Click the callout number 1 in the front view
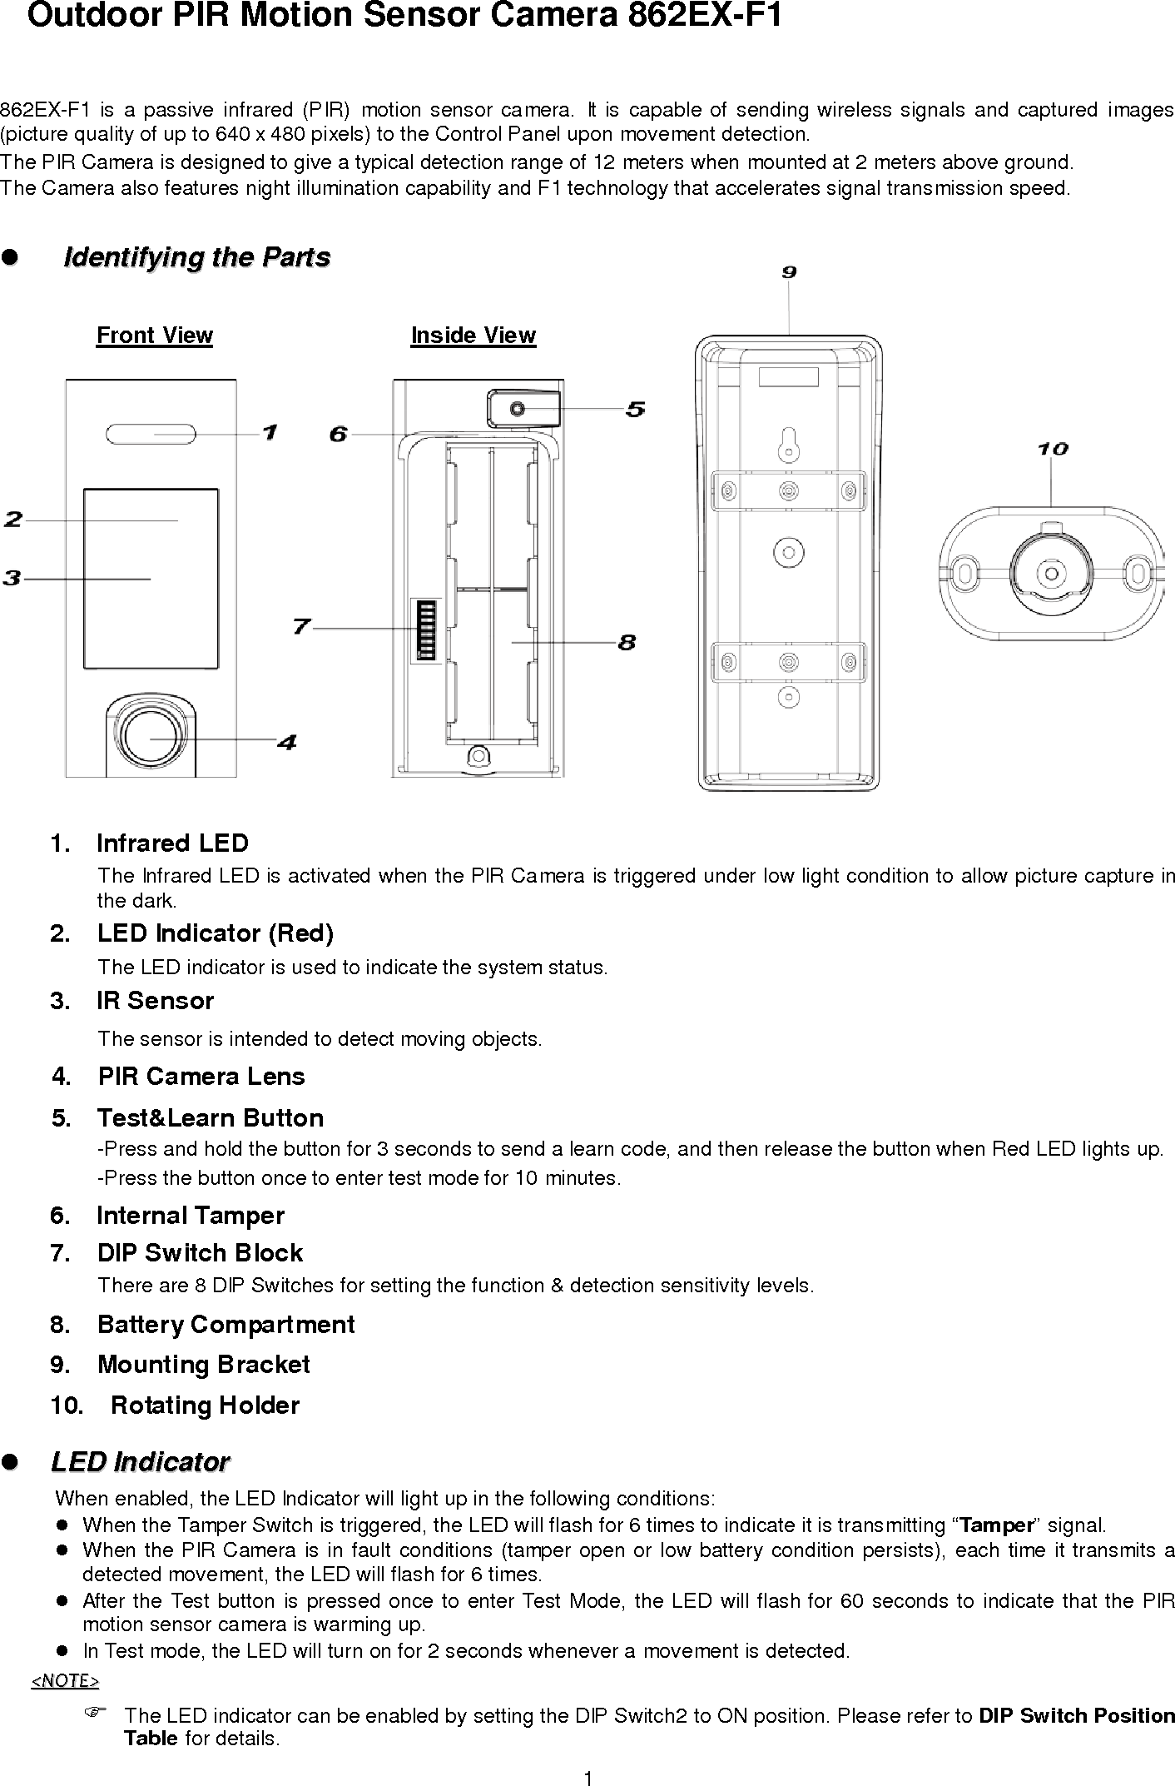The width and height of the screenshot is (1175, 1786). pyautogui.click(x=270, y=432)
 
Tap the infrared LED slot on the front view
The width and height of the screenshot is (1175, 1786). pyautogui.click(x=151, y=434)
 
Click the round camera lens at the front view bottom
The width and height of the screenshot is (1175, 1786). pyautogui.click(x=151, y=735)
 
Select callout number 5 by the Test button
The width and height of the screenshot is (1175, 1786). pyautogui.click(x=635, y=409)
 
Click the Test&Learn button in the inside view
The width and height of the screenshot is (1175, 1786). pyautogui.click(x=518, y=409)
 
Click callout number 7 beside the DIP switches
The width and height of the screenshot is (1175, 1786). pyautogui.click(x=301, y=627)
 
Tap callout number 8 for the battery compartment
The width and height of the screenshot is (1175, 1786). pyautogui.click(x=627, y=642)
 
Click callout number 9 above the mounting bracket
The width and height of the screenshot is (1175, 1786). pyautogui.click(x=789, y=271)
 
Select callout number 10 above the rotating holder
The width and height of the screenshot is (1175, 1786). pyautogui.click(x=1052, y=450)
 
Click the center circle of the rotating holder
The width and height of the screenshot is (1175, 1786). pyautogui.click(x=1050, y=574)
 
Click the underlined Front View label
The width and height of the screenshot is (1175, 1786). pyautogui.click(x=155, y=336)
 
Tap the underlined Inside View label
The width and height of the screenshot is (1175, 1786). pyautogui.click(x=473, y=336)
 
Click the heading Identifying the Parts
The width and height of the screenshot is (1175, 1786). pyautogui.click(x=197, y=257)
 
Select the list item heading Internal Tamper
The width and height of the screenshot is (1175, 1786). pyautogui.click(x=191, y=1216)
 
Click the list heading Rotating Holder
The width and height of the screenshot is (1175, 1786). pyautogui.click(x=205, y=1405)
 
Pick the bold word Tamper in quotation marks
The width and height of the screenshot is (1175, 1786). pyautogui.click(x=996, y=1525)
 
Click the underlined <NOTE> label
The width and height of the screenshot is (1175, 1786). pyautogui.click(x=65, y=1681)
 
